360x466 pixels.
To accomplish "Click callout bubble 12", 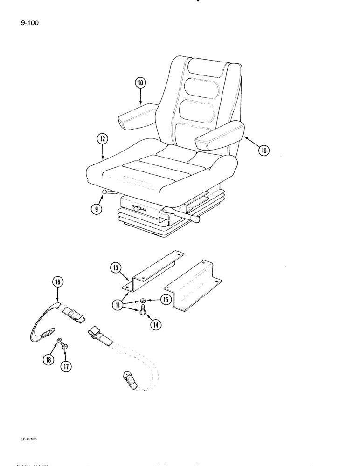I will [103, 138].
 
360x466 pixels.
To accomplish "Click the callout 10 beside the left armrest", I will [141, 83].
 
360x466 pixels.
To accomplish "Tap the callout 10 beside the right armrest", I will [263, 150].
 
